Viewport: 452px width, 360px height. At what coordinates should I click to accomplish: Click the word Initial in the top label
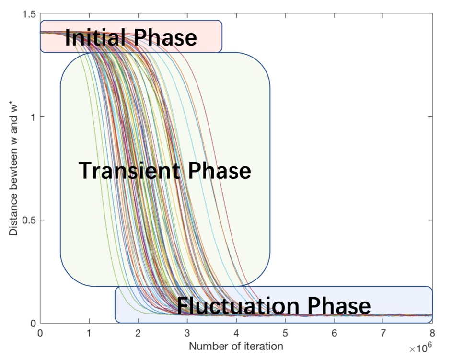click(92, 37)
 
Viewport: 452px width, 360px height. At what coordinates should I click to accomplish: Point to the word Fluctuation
click(236, 305)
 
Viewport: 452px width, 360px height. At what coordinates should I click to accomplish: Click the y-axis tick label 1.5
click(29, 14)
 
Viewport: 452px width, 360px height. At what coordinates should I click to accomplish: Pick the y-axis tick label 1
click(34, 117)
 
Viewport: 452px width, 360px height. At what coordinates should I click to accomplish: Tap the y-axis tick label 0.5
click(29, 220)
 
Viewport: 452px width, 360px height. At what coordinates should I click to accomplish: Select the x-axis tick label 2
click(138, 333)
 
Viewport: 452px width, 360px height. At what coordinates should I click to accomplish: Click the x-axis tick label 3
click(187, 333)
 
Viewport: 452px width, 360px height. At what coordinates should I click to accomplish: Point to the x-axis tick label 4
click(236, 333)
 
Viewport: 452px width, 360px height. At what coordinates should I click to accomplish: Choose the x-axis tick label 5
click(285, 333)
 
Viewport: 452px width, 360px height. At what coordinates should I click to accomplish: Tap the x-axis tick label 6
click(335, 333)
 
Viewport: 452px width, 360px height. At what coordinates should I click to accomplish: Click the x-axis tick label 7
click(383, 333)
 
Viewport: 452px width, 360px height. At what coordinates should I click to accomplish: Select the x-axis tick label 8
click(432, 333)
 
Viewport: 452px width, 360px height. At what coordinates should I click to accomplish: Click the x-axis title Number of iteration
click(236, 346)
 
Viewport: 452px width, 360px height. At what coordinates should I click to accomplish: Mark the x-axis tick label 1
click(89, 333)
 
